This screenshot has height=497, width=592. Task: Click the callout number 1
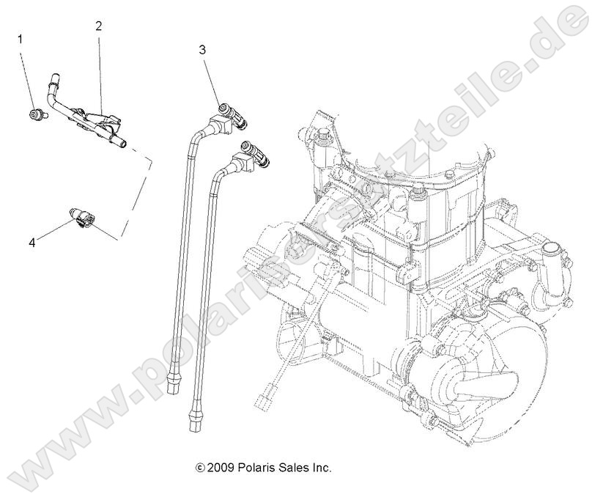coord(21,38)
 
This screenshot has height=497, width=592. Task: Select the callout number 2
coord(98,26)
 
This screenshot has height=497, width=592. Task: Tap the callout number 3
coord(202,50)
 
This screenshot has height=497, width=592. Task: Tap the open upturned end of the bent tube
coord(53,76)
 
